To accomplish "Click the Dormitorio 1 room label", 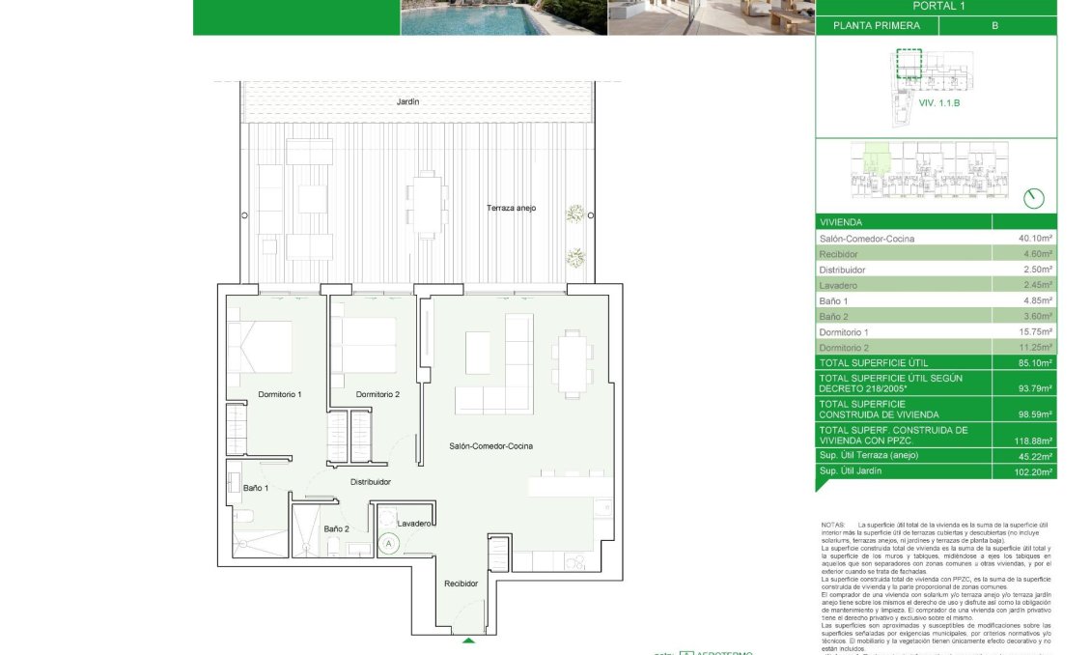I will pos(280,394).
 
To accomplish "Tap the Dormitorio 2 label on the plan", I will pos(378,394).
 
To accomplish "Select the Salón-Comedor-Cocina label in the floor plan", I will pos(490,445).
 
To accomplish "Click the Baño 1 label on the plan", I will pos(255,489).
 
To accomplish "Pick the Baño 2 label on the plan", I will pos(335,528).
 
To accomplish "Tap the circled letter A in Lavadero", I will pos(388,544).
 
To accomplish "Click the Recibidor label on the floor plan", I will pos(462,584).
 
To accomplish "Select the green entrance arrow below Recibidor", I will pos(468,641).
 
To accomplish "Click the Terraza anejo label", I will pos(511,209).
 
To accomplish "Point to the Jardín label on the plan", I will pos(408,101).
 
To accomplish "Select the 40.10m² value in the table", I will pos(1031,239).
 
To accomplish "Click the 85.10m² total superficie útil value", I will pos(1031,362).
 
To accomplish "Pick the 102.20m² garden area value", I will pos(1029,470).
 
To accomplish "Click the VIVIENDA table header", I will pos(841,222).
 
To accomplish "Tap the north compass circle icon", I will pos(1033,198).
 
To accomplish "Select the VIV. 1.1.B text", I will pos(938,102).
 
